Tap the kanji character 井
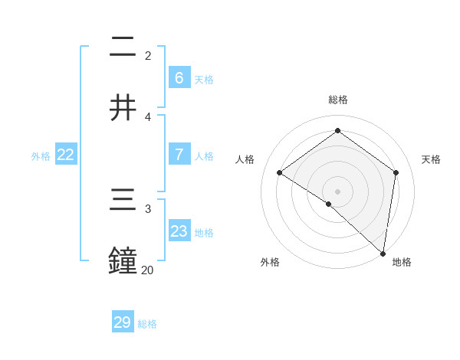pyautogui.click(x=123, y=107)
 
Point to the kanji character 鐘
pyautogui.click(x=123, y=260)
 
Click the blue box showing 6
pyautogui.click(x=179, y=77)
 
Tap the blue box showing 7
pyautogui.click(x=179, y=155)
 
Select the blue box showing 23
pyautogui.click(x=179, y=231)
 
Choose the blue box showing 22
pyautogui.click(x=66, y=155)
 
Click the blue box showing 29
pyautogui.click(x=123, y=322)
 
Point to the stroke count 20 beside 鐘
pyautogui.click(x=147, y=270)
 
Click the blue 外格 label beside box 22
pyautogui.click(x=41, y=155)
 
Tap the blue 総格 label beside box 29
pyautogui.click(x=147, y=324)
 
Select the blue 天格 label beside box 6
pyautogui.click(x=204, y=79)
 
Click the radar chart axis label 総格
pyautogui.click(x=338, y=100)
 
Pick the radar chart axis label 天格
pyautogui.click(x=432, y=159)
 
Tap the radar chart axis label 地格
pyautogui.click(x=402, y=262)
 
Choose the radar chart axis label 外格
pyautogui.click(x=270, y=262)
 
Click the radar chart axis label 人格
pyautogui.click(x=245, y=159)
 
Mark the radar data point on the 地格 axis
pyautogui.click(x=383, y=253)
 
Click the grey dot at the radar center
pyautogui.click(x=338, y=191)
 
